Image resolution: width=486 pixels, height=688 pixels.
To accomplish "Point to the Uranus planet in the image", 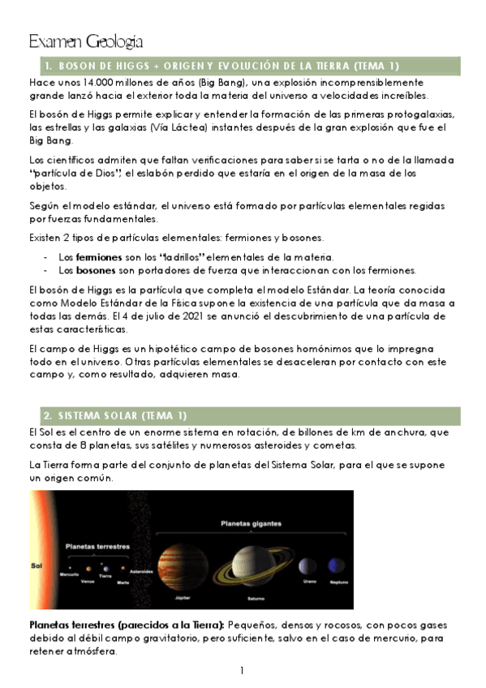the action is coord(308,565).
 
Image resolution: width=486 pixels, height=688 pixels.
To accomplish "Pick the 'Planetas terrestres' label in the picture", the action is coord(97,546).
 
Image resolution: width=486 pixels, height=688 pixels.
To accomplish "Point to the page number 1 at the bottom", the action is coord(242,671).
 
